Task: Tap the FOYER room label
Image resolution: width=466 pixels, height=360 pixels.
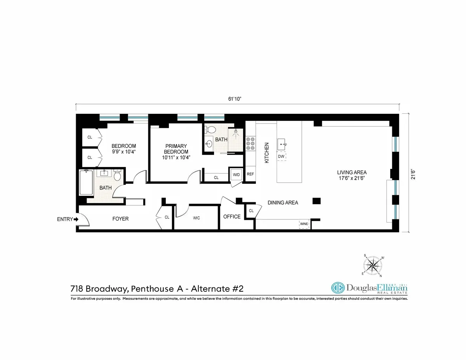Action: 120,219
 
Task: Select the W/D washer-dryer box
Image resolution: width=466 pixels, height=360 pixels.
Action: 236,174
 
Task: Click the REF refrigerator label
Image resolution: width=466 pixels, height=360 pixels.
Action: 250,174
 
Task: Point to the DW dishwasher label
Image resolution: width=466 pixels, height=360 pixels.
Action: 281,157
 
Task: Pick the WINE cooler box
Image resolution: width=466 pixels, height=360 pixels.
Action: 304,224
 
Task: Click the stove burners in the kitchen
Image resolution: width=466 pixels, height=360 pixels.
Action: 250,143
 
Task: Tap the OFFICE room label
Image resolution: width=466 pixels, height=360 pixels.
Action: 232,217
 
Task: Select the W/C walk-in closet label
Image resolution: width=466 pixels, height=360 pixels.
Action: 196,217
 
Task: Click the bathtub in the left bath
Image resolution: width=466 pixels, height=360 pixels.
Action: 86,182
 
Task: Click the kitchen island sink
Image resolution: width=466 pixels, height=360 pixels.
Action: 282,145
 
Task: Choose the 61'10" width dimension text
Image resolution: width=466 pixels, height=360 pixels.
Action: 235,99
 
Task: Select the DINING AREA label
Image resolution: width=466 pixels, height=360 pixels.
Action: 283,203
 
